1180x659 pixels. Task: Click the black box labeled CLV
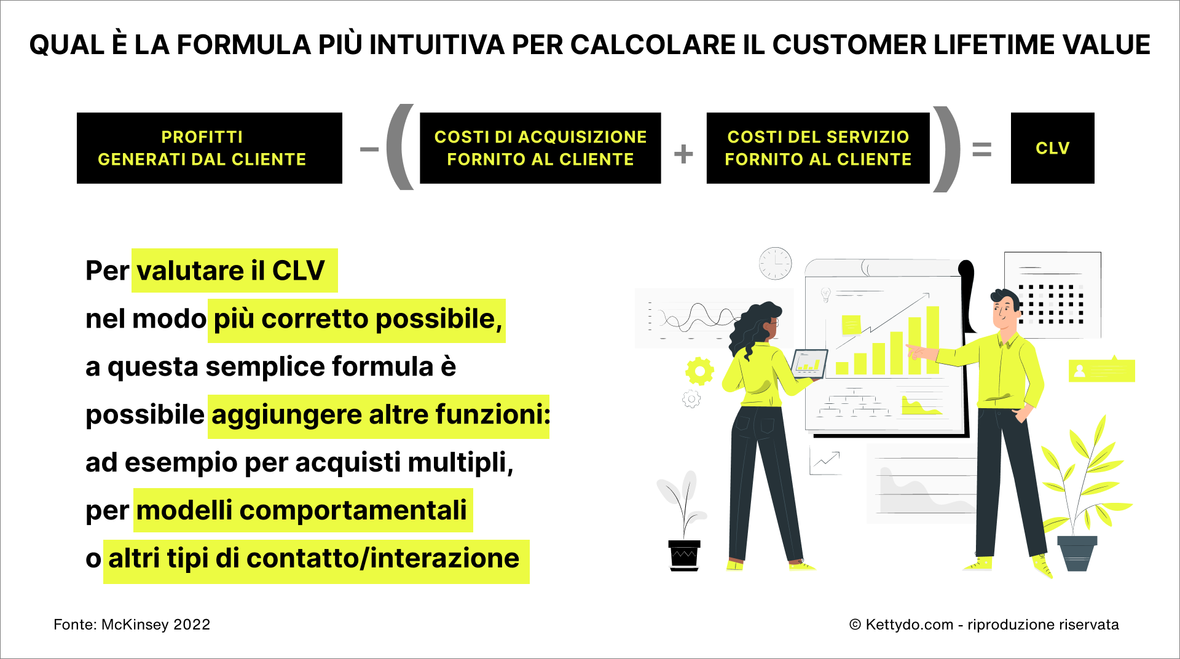click(1052, 148)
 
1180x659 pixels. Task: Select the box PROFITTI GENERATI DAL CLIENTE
click(210, 148)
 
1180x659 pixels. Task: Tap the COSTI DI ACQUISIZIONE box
click(540, 148)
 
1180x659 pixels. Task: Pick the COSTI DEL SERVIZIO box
click(818, 148)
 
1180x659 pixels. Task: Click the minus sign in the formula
click(369, 149)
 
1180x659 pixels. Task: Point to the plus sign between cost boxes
click(683, 154)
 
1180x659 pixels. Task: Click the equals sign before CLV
click(982, 149)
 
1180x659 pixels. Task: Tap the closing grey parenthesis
click(946, 149)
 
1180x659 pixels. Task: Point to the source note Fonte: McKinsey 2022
click(132, 625)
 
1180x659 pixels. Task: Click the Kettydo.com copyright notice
click(984, 625)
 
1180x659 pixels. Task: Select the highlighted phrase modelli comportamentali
click(302, 510)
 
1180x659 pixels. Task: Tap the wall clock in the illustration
click(775, 264)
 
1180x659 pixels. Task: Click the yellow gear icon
click(699, 371)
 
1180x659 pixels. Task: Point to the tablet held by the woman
click(809, 364)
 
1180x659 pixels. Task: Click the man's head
click(1005, 309)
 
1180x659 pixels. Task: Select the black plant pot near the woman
click(684, 556)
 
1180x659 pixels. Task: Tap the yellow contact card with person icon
click(1102, 370)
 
